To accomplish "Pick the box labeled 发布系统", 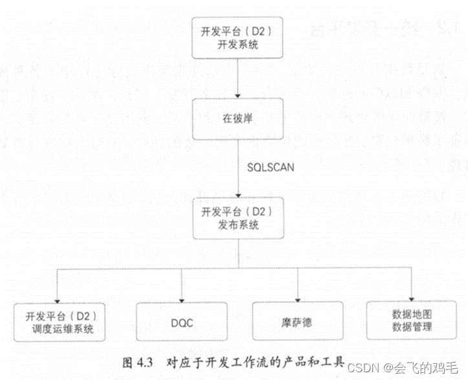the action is tap(239, 218).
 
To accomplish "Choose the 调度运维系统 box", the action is tap(60, 322).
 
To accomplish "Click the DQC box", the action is tap(182, 321).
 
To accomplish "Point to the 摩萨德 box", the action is tap(297, 321).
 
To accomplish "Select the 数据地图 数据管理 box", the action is tap(412, 320).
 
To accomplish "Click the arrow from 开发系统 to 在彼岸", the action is tap(239, 78).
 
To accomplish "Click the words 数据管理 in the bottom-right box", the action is tap(412, 327).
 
